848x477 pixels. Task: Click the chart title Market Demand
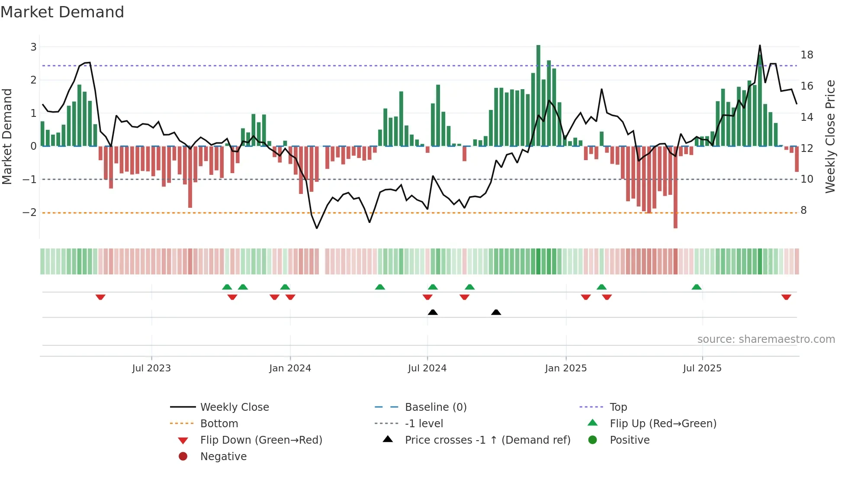coord(62,12)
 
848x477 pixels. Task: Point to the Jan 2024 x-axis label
coord(290,368)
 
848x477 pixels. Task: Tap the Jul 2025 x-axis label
coord(702,368)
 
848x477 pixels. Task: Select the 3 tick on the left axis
coord(33,47)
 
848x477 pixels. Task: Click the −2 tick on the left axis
coord(29,212)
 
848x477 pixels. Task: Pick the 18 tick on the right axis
coord(807,55)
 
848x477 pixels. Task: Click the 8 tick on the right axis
coord(803,210)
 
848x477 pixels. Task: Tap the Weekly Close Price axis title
coord(830,136)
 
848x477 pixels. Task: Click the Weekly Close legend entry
coord(234,407)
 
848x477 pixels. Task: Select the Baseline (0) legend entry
coord(435,407)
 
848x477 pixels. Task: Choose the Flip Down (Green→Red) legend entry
coord(261,440)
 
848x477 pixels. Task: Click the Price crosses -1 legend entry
coord(487,440)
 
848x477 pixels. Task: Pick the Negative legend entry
coord(223,456)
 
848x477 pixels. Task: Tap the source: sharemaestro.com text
coord(766,339)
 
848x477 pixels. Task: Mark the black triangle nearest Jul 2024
coord(433,312)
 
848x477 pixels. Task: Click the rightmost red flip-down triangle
coord(786,297)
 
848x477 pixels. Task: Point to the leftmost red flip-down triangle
coord(100,297)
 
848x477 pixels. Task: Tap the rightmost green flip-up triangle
coord(696,287)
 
